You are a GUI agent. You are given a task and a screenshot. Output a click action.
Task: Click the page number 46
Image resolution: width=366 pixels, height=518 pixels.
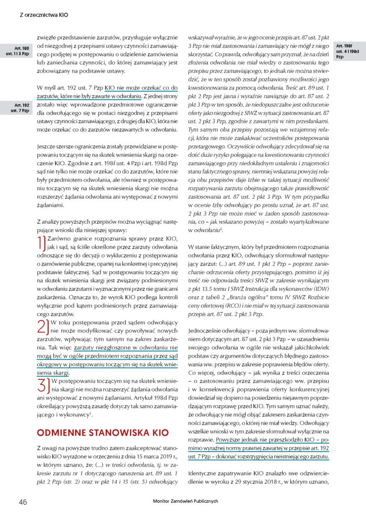click(x=23, y=501)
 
